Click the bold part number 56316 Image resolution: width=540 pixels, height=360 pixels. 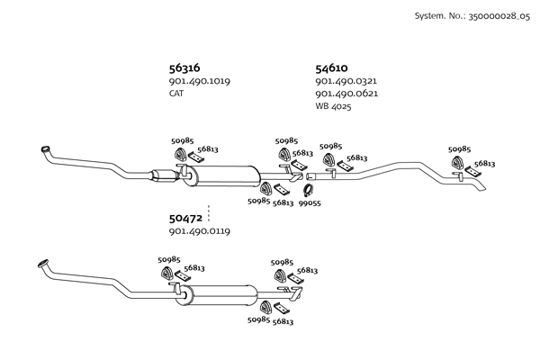click(184, 67)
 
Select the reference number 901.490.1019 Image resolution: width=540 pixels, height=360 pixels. click(199, 81)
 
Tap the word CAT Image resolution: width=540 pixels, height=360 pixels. click(176, 94)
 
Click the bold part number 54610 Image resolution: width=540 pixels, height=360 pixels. click(332, 67)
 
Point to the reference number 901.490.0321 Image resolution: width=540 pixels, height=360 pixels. click(346, 81)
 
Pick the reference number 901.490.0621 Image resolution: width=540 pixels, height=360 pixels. click(346, 94)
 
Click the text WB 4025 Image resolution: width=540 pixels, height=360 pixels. click(333, 106)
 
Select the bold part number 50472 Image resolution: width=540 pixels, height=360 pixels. click(184, 218)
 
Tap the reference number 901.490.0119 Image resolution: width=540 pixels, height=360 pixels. click(199, 231)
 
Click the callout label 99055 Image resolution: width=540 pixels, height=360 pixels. click(310, 203)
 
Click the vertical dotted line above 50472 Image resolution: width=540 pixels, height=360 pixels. click(209, 212)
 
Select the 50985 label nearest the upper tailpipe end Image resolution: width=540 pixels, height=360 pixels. click(459, 149)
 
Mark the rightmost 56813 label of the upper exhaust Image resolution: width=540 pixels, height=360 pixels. click(485, 164)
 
